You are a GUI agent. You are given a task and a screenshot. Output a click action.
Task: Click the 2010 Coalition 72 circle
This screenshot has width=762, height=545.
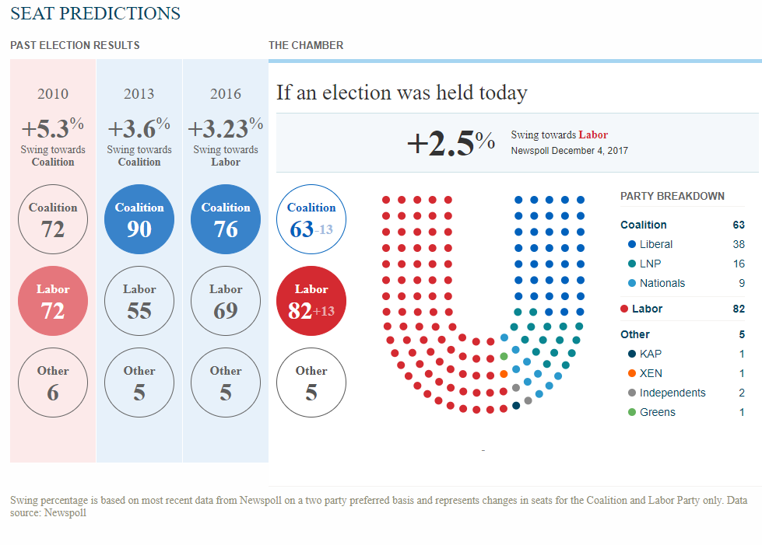click(53, 219)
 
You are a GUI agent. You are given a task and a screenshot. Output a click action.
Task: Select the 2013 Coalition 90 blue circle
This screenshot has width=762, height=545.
click(139, 219)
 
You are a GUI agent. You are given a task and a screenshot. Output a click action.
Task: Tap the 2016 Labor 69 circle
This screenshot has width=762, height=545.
click(226, 301)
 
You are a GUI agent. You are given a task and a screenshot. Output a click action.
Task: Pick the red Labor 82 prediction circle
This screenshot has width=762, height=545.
click(311, 301)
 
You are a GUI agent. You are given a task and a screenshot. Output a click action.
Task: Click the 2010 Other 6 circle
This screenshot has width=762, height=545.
click(53, 383)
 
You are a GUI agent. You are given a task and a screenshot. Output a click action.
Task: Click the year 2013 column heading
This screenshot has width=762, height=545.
click(139, 94)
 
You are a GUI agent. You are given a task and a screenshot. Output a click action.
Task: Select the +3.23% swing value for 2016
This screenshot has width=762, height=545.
click(226, 127)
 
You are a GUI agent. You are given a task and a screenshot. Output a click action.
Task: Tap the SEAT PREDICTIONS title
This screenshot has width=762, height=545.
click(96, 13)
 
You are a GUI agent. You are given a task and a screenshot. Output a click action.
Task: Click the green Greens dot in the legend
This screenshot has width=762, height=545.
click(631, 412)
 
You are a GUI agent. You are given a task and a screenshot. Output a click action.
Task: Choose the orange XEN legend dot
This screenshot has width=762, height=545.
click(631, 373)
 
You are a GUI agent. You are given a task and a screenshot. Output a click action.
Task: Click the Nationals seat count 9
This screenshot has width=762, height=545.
click(741, 283)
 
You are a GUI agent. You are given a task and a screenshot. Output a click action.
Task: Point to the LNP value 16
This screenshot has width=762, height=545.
click(739, 264)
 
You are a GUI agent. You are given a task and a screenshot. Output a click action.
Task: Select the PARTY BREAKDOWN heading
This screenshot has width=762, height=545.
click(672, 196)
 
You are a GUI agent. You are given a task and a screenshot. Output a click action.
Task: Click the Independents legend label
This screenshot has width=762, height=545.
click(672, 393)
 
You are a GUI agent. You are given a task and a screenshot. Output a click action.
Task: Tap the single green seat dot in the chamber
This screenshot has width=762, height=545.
click(504, 356)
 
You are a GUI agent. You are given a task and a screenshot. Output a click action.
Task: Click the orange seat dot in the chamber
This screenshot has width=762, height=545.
click(504, 374)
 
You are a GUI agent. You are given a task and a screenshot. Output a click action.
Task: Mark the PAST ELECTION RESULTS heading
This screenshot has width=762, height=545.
click(75, 45)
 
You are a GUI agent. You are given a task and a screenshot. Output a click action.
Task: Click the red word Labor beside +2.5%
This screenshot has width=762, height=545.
click(593, 135)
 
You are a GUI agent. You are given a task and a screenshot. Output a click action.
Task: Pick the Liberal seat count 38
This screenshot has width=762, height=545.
click(739, 244)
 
